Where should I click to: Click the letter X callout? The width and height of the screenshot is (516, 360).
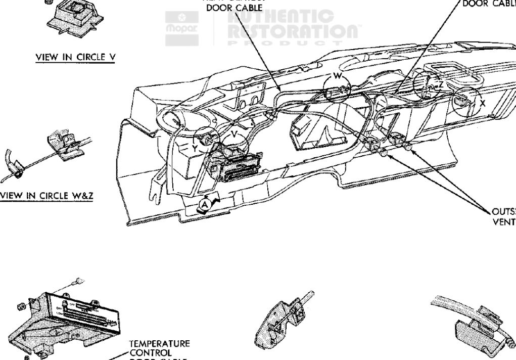pyautogui.click(x=483, y=103)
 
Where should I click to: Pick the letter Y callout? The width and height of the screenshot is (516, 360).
pyautogui.click(x=194, y=149)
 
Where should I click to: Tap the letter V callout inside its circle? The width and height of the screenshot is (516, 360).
pyautogui.click(x=233, y=134)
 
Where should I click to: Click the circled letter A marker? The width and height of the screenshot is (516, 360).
pyautogui.click(x=205, y=203)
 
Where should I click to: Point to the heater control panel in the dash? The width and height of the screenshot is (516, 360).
pyautogui.click(x=238, y=165)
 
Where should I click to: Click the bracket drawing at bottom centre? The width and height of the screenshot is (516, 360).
pyautogui.click(x=283, y=324)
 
